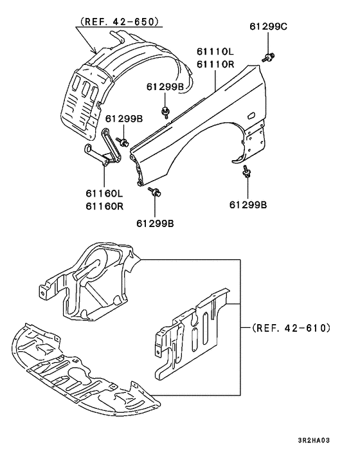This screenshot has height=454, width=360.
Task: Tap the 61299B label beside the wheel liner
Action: (124, 119)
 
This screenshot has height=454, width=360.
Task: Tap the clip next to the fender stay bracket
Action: (123, 140)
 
